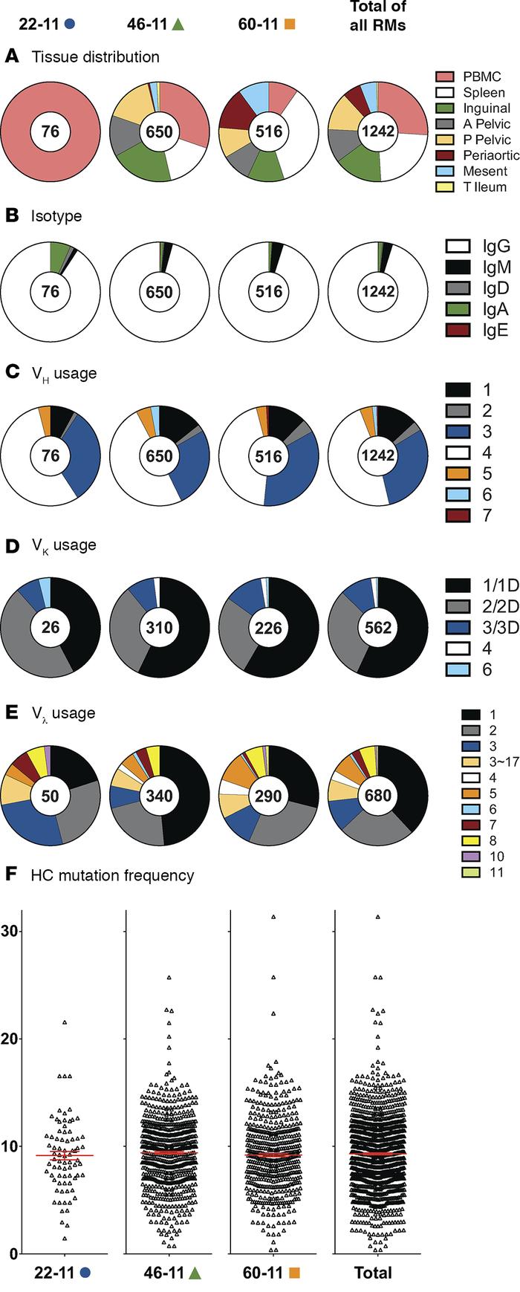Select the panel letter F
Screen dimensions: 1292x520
[10, 874]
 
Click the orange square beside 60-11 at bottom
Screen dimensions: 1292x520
[293, 1273]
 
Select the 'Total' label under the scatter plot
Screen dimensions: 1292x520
[373, 1273]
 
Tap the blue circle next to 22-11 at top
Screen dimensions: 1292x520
[70, 23]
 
